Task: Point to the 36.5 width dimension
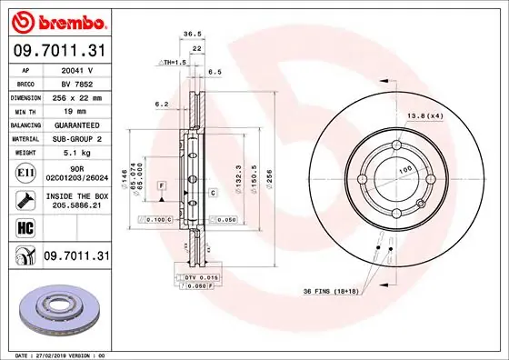point(193,35)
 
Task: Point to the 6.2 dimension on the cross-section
point(162,105)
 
